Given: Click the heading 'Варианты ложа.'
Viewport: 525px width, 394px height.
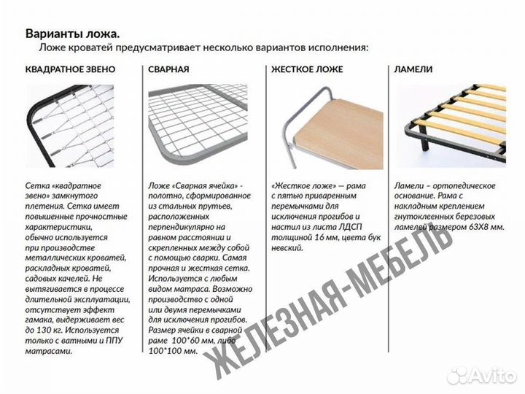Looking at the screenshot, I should click(73, 34).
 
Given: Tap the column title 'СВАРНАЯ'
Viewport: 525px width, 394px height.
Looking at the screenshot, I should click(168, 70).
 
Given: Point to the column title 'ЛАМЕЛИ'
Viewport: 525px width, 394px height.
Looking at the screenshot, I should click(413, 70).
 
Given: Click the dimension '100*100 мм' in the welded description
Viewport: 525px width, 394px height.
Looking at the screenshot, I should click(173, 351).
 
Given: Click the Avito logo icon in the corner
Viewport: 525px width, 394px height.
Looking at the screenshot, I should click(458, 375).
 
